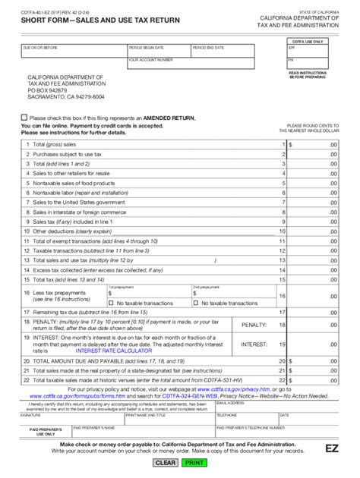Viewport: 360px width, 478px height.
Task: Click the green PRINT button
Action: pyautogui.click(x=194, y=462)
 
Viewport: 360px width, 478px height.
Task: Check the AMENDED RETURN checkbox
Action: pyautogui.click(x=23, y=118)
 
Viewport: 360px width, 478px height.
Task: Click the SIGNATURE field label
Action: pyautogui.click(x=31, y=415)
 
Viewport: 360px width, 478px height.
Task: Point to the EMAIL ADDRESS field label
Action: pyautogui.click(x=228, y=404)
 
